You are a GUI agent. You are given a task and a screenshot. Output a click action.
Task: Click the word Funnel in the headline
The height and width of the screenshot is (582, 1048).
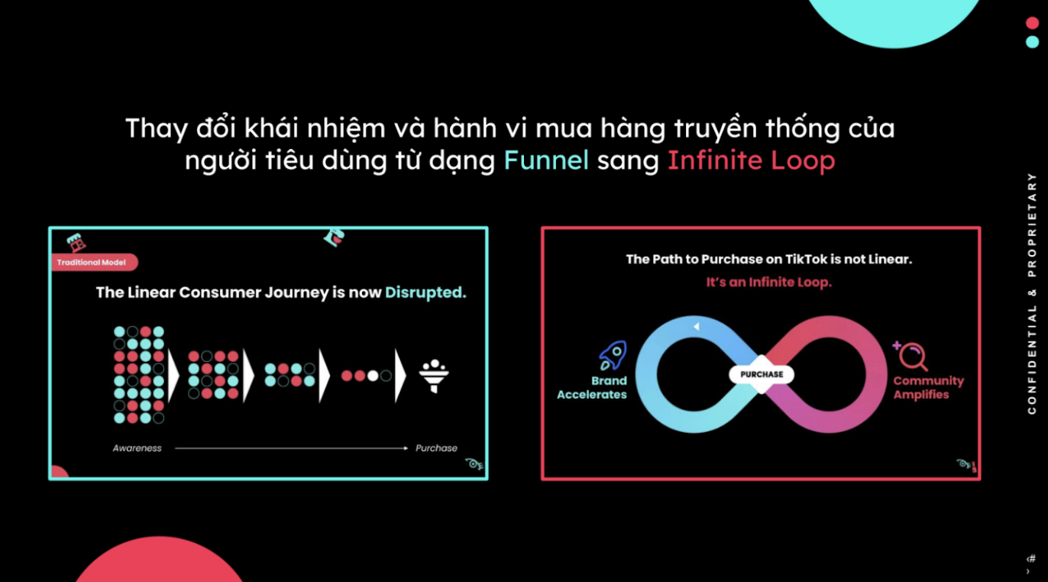(546, 160)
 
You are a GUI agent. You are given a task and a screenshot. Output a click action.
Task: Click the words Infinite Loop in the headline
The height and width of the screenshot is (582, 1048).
(751, 160)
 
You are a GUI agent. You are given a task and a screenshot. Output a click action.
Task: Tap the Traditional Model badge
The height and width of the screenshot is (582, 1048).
(93, 262)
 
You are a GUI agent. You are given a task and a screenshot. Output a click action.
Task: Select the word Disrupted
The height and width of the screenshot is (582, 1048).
(425, 293)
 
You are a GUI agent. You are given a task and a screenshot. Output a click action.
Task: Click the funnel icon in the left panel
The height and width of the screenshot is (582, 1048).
(434, 376)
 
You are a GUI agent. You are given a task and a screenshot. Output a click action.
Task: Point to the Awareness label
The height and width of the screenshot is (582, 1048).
(137, 448)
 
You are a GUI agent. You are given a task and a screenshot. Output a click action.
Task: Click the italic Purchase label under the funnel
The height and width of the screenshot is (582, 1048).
(436, 448)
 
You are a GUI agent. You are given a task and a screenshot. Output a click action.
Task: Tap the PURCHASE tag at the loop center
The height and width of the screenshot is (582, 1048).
(762, 374)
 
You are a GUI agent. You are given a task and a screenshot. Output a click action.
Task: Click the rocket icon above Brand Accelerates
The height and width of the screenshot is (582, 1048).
(613, 355)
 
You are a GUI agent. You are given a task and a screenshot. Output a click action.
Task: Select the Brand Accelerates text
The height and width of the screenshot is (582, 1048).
(593, 387)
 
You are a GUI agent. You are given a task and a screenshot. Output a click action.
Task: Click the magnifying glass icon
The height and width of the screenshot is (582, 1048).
(911, 356)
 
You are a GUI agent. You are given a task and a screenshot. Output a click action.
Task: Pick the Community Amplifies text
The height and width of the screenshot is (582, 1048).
(927, 387)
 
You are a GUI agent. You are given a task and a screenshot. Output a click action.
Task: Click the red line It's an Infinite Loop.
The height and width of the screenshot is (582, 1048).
(768, 282)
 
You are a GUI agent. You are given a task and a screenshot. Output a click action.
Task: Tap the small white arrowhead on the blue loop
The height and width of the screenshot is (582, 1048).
(697, 327)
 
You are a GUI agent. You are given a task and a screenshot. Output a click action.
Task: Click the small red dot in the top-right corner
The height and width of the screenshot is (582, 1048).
(1032, 23)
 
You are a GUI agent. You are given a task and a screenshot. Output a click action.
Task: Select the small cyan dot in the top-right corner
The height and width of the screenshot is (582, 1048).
(1032, 41)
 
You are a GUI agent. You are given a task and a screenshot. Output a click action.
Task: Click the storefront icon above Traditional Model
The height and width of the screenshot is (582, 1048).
(75, 243)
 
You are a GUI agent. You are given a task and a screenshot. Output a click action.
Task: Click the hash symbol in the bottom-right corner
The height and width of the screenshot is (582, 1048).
(1031, 558)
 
